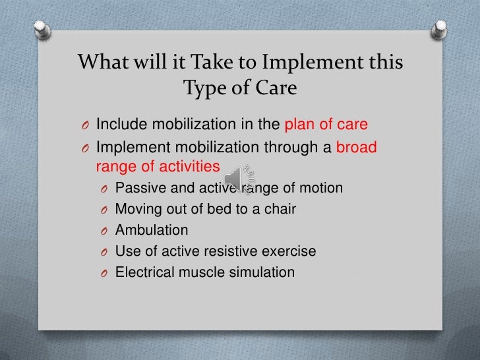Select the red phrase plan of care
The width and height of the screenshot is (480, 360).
(326, 125)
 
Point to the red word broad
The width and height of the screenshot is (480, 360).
(357, 147)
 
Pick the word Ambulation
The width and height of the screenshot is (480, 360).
(152, 230)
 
